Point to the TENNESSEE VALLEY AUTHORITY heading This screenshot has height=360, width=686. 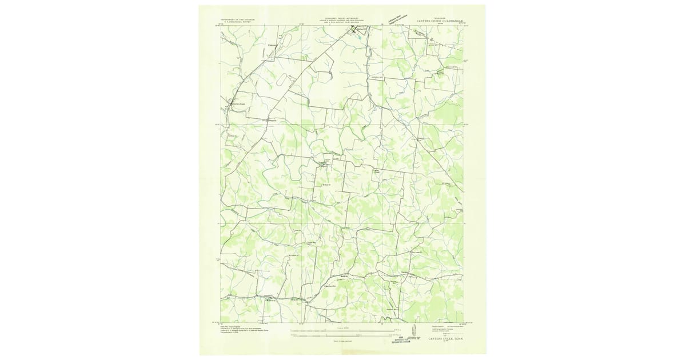pos(342,18)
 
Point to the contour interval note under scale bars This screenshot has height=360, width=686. pos(342,342)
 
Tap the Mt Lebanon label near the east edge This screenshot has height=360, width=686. pos(448,183)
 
